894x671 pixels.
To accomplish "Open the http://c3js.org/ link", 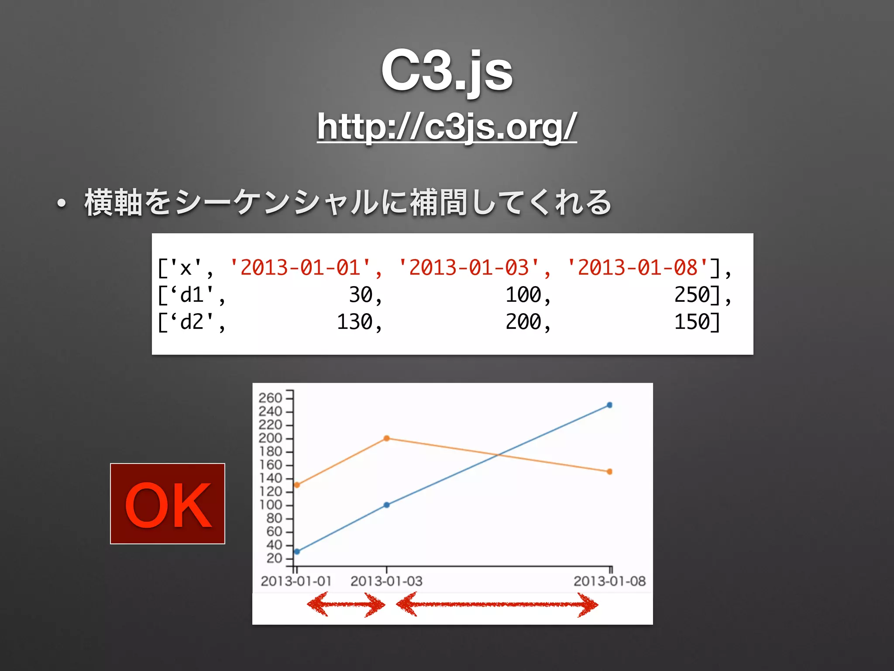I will tap(447, 127).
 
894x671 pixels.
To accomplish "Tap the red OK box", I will tap(168, 504).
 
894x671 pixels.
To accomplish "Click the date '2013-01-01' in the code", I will tap(301, 267).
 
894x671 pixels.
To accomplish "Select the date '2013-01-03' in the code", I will tap(469, 267).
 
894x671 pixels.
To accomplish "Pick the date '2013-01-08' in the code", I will tap(638, 267).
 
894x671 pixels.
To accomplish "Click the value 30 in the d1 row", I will tap(361, 295).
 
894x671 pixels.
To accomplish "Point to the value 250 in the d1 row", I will tap(692, 295).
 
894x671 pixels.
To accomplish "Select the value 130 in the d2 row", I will tap(354, 322).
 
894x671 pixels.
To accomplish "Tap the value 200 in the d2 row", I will tap(523, 322).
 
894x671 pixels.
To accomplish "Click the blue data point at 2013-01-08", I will tap(610, 405).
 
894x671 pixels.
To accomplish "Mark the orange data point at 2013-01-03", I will tap(387, 438).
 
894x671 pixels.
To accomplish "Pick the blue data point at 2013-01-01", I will tap(297, 552).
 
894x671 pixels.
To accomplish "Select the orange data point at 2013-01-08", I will tap(610, 471).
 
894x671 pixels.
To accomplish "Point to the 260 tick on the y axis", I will tap(270, 398).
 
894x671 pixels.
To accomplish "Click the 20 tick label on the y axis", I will tap(274, 558).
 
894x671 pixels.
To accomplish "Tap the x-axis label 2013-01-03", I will tap(386, 581).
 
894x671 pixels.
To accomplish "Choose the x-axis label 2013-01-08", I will tap(609, 581).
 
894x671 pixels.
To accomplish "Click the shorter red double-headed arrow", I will tap(346, 605).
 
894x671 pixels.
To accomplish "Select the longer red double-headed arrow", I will tap(497, 605).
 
